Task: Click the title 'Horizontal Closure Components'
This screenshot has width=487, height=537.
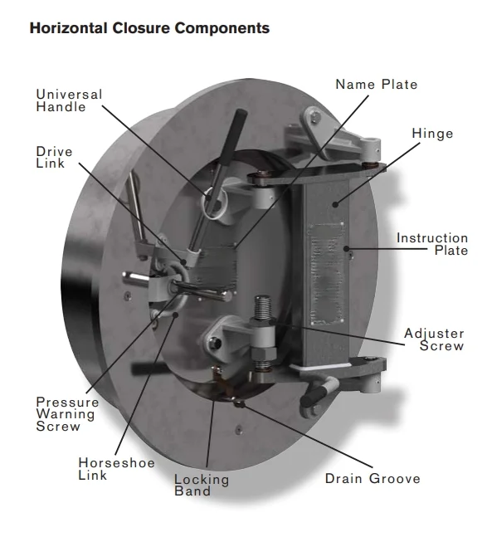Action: (x=149, y=28)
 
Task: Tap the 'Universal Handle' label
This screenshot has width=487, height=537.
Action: (x=69, y=100)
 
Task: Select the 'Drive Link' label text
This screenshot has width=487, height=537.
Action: (x=54, y=157)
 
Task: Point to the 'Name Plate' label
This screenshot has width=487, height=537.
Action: (x=377, y=85)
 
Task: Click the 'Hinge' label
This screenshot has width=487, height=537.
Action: (x=432, y=134)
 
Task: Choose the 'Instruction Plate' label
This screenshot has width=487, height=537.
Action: (x=432, y=244)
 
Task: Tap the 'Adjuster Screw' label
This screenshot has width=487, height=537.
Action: (x=434, y=339)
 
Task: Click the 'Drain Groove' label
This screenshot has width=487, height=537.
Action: (x=373, y=478)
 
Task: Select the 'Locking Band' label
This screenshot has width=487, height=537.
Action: (x=202, y=485)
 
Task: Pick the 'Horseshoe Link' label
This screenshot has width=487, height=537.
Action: (x=116, y=469)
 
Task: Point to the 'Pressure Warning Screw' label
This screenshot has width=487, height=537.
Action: (x=67, y=414)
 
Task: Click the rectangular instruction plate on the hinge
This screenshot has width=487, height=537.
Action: (x=326, y=274)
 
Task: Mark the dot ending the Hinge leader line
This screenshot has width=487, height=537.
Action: (x=335, y=205)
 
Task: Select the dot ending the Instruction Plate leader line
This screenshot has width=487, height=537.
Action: (x=346, y=249)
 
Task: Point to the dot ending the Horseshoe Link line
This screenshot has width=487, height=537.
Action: (x=176, y=315)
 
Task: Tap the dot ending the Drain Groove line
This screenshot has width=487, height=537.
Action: (x=239, y=404)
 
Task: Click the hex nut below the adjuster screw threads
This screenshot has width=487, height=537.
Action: (x=264, y=354)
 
